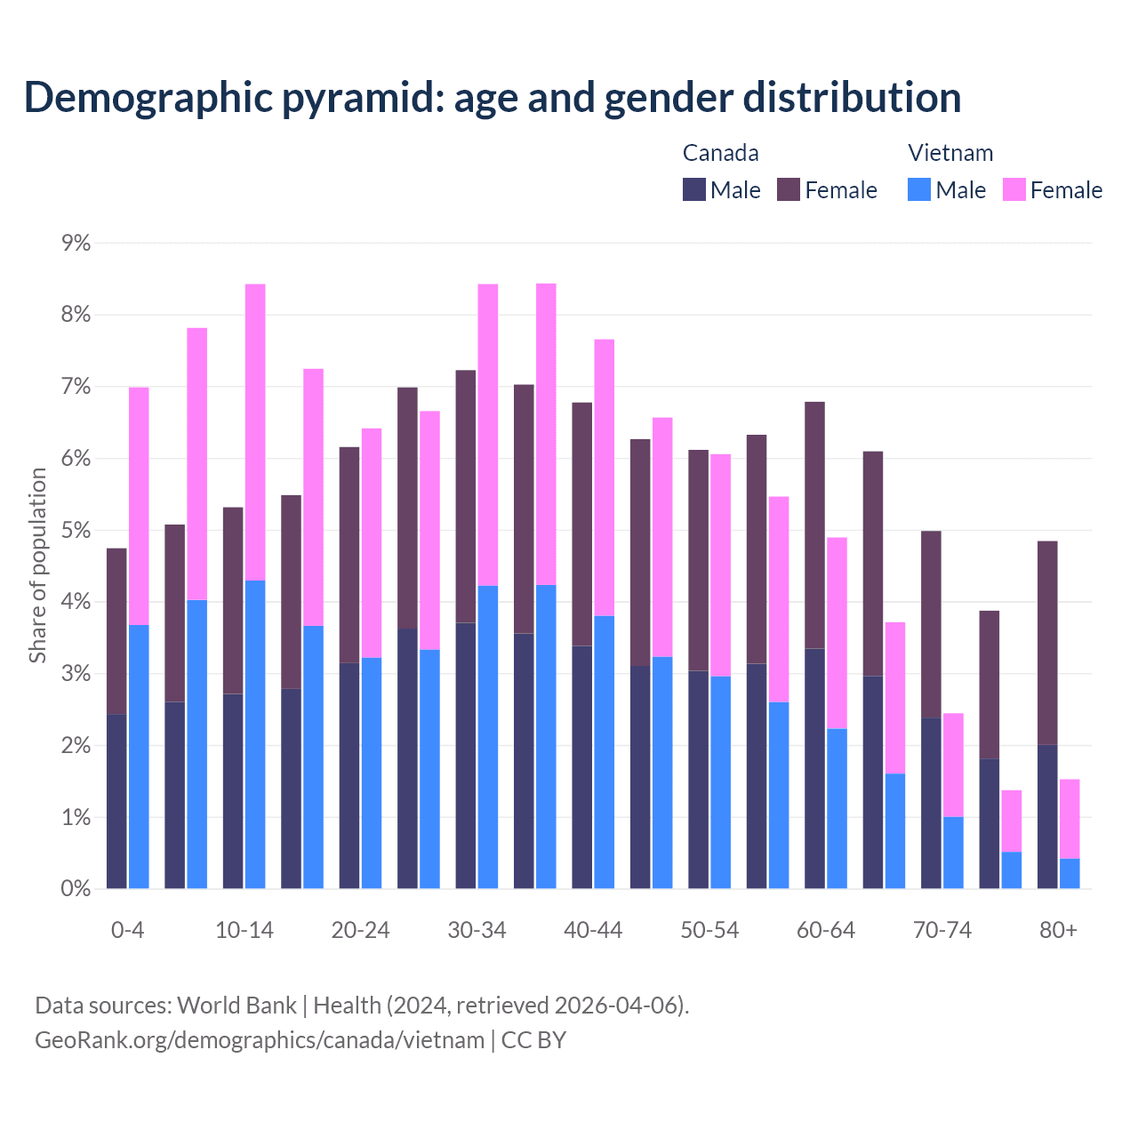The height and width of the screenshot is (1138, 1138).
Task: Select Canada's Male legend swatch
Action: coord(694,189)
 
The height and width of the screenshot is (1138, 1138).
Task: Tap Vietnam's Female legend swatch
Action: coord(1014,189)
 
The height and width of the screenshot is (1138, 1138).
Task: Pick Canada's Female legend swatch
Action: coord(789,189)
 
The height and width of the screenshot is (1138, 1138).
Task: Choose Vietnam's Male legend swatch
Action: coord(919,189)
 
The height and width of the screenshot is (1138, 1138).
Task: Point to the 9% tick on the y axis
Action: coord(76,243)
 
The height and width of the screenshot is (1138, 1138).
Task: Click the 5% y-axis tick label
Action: coord(76,531)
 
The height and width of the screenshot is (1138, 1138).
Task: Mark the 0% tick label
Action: coord(76,889)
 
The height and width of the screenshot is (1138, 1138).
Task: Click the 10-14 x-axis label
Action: coord(244,931)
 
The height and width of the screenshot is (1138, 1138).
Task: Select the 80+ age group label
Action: coord(1058,931)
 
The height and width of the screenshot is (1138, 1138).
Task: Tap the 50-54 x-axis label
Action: coord(709,931)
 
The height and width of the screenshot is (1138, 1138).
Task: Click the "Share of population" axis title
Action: coord(38,565)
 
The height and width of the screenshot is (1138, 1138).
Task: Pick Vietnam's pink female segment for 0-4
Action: coord(139,507)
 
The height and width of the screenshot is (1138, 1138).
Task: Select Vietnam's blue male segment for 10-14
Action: coord(255,734)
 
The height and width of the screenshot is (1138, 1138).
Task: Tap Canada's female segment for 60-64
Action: coord(814,525)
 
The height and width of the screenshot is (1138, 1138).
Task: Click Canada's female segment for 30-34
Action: coord(465,496)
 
